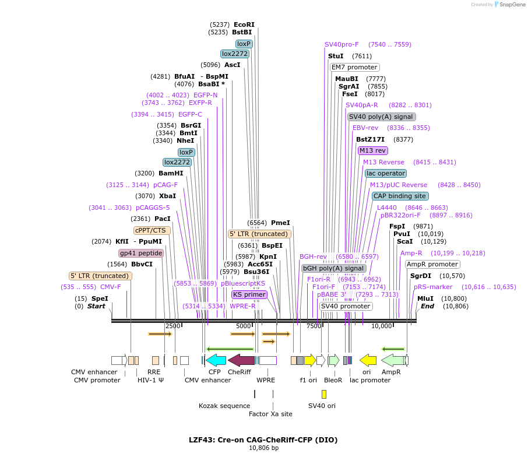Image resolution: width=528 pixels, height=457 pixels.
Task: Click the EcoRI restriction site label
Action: point(244,24)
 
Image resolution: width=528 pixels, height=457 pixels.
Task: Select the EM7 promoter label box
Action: point(354,67)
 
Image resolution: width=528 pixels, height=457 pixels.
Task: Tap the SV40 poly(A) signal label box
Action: point(382,117)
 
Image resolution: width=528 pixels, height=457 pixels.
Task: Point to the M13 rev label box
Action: point(372,150)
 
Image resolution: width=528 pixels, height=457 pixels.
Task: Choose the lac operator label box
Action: point(386,173)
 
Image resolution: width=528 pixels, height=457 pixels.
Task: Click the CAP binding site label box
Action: point(400,196)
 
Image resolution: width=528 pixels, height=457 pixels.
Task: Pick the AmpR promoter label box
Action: point(432,264)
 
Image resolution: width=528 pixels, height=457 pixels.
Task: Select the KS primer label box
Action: point(249,294)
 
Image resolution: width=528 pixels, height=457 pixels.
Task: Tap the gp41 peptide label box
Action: point(141,253)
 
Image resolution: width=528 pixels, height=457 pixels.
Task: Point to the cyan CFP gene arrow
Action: point(216,360)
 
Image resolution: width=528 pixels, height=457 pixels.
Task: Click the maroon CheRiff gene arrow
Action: point(241,360)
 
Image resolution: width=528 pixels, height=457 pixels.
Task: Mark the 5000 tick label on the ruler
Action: point(244,326)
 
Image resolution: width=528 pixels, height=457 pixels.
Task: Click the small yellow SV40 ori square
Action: point(324,394)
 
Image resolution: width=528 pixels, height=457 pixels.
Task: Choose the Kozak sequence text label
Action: point(224,406)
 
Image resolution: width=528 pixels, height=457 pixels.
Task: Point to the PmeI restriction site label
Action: point(280,223)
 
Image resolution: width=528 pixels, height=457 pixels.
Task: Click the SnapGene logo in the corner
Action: point(508,5)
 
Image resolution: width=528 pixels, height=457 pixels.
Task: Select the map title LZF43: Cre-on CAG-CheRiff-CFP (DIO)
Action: point(263,440)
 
